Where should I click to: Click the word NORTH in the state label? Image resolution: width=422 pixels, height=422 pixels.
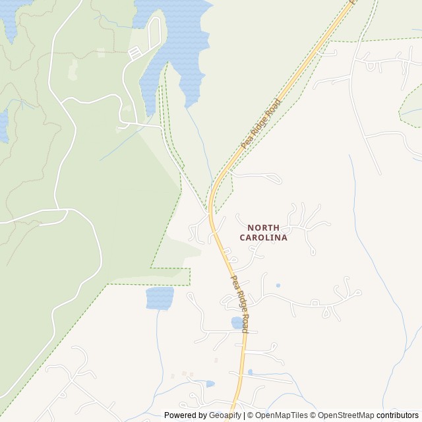263,227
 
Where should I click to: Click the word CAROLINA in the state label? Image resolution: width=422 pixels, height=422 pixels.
263,237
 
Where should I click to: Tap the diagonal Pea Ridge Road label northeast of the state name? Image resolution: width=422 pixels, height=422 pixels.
261,123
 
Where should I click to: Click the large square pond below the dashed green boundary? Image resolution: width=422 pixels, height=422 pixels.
160,298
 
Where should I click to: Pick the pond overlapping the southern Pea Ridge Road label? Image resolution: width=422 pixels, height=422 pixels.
237,322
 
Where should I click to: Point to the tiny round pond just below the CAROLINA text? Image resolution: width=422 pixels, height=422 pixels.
278,286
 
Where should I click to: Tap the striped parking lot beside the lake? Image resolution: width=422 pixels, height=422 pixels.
135,53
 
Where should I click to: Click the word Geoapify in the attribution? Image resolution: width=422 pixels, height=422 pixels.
226,415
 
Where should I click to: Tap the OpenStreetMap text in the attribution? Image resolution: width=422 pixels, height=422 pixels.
346,415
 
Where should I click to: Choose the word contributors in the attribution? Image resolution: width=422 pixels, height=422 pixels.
398,415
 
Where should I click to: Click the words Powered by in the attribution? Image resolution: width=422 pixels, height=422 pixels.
185,415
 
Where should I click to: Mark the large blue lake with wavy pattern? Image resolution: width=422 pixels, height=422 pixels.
178,40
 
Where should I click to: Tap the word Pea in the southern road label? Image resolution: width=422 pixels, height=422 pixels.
233,280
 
